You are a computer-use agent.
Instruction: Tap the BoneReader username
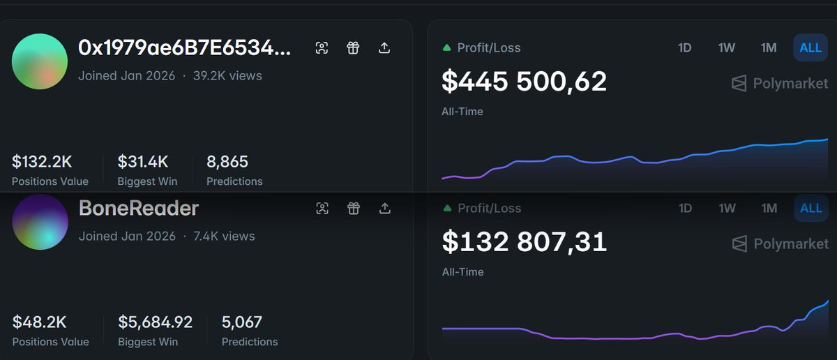coord(139,208)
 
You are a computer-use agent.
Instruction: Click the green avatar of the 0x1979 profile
coord(40,61)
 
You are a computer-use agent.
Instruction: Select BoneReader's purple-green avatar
coord(40,222)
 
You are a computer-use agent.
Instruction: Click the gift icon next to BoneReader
coord(354,208)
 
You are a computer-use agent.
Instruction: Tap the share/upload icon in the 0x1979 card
coord(384,47)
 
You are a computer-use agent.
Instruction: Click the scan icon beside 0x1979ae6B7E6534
coord(322,47)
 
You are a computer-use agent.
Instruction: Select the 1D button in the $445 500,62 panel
coord(685,47)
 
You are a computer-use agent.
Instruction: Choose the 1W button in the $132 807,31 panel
coord(727,208)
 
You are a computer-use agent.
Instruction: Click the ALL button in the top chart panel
coord(810,47)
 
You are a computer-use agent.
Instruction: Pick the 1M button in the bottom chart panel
coord(769,208)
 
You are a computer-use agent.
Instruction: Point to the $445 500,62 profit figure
coord(524,82)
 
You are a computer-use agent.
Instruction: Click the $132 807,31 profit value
coord(524,242)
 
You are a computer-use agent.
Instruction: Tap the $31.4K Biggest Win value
coord(142,162)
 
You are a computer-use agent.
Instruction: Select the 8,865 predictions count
coord(227,162)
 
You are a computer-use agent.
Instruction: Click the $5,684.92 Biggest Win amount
coord(155,322)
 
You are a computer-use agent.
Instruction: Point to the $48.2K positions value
coord(39,322)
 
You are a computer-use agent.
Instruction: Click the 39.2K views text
coord(227,75)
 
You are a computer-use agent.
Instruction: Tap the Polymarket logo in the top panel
coord(780,84)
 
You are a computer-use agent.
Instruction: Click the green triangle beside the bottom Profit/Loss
coord(446,209)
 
